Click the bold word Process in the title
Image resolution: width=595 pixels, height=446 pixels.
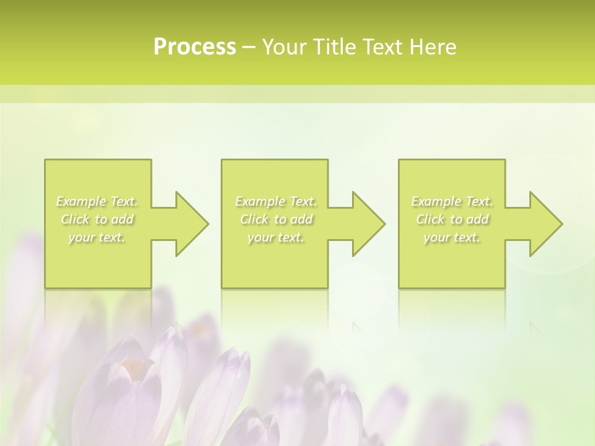coord(195,46)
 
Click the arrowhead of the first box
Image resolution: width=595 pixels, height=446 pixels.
coord(189,224)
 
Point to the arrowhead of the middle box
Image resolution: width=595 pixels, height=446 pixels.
coord(366,224)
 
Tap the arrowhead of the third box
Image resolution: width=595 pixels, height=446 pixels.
coord(543,224)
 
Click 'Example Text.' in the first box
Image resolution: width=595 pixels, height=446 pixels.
coord(97,201)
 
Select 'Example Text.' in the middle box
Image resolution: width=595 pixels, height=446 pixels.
coord(276,201)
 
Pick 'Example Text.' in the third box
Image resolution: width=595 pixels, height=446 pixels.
coord(452,201)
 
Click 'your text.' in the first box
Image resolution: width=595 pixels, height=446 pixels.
coord(97,237)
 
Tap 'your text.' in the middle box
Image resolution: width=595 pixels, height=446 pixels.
coord(276,237)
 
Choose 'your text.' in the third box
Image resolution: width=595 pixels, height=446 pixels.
coord(452,237)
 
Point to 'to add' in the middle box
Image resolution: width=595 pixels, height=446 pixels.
coord(292,219)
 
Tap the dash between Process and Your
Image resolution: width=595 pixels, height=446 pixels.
coord(249,47)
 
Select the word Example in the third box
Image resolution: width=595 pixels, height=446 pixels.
coord(436,201)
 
